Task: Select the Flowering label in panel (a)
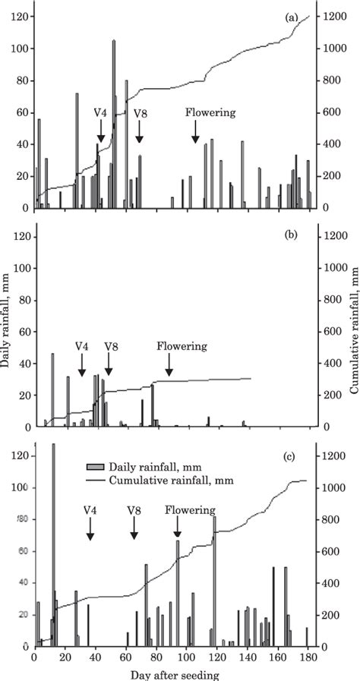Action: coord(210,112)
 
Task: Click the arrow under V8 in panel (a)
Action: coord(139,133)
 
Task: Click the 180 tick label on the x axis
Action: coord(307,658)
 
